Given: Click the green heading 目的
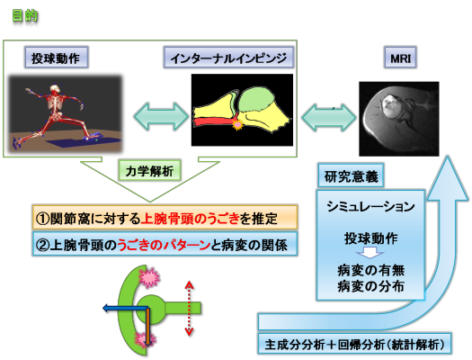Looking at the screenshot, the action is coord(25,15).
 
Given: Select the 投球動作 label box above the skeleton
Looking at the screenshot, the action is coord(56,58).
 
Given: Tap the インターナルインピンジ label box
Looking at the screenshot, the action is coord(228,58).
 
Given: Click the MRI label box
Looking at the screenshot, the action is coord(400,58).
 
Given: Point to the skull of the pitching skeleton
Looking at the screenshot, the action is coord(54,88).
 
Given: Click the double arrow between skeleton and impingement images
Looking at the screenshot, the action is coord(161,116).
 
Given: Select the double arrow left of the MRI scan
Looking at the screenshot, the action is coord(328,118).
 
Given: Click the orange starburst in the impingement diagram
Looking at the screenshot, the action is coord(237,124).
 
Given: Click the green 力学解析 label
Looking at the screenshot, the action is coord(149,171).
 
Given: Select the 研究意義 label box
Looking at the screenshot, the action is coord(351,175).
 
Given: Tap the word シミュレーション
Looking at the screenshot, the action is coord(370,207).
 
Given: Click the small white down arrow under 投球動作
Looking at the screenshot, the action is coord(370,253).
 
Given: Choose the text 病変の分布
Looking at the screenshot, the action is coord(370,286).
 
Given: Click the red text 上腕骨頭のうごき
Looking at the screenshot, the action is coord(190,219).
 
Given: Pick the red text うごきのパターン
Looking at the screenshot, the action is coord(164,245).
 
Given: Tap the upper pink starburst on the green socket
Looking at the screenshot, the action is coord(149,277).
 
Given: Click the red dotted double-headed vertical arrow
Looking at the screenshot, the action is coord(189,308).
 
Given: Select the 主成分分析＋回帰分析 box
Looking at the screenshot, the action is coord(354,344).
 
